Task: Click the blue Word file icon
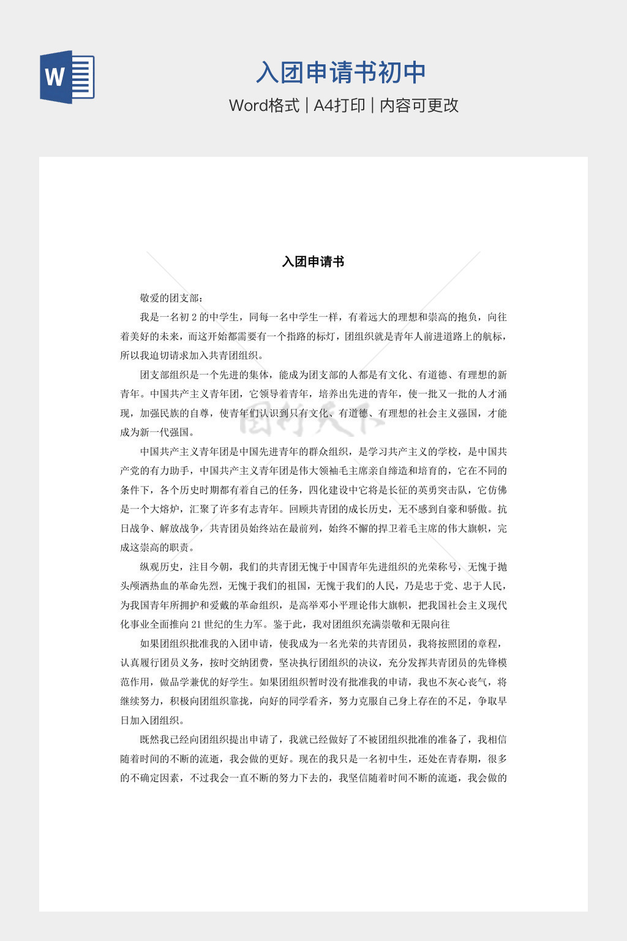(x=67, y=77)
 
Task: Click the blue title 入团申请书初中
(x=340, y=72)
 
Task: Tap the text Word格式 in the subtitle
(x=264, y=105)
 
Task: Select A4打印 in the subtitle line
(x=339, y=105)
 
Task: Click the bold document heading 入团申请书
(x=313, y=262)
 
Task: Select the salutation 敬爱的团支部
(x=170, y=298)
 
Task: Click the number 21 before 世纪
(x=196, y=624)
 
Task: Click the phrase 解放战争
(x=180, y=528)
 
